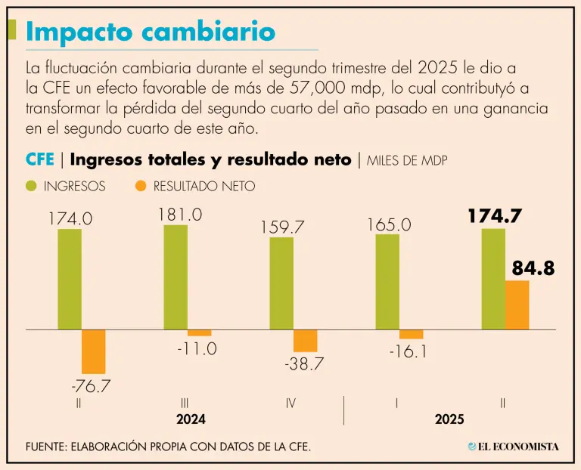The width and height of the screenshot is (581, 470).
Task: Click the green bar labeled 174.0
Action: click(70, 279)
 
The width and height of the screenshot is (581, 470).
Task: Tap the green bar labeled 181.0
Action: click(176, 277)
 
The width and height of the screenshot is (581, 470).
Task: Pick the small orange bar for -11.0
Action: click(200, 333)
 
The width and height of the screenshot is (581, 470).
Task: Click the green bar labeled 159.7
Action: click(281, 283)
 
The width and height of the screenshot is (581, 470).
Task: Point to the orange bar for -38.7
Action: click(306, 341)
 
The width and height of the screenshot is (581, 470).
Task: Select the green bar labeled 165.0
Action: click(387, 282)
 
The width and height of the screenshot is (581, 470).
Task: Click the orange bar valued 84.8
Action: click(517, 305)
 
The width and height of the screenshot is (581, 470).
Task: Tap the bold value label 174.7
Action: click(494, 215)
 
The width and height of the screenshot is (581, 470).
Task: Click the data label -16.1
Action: click(409, 352)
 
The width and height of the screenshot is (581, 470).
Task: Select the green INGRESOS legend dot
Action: click(32, 186)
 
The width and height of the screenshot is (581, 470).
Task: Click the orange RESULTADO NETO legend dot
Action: click(139, 186)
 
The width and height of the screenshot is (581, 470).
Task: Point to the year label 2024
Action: click(191, 419)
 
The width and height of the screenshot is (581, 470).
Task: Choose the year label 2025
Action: click(449, 419)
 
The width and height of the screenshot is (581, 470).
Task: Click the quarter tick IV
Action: click(290, 403)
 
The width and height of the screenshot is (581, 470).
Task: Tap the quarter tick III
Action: click(185, 403)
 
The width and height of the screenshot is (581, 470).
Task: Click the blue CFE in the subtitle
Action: click(39, 159)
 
